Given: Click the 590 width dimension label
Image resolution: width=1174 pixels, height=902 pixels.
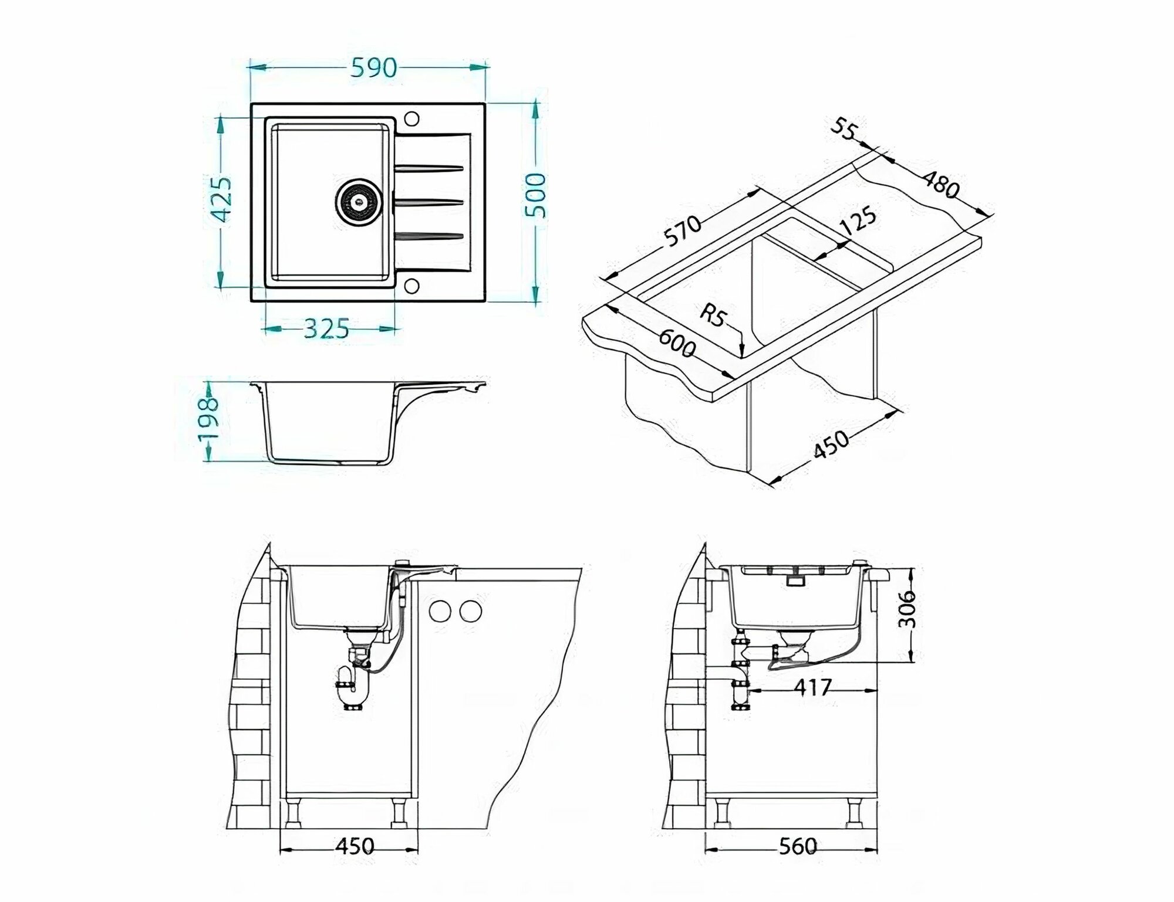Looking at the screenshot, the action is pos(374,68).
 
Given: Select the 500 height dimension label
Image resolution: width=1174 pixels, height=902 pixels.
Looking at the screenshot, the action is pos(535,195).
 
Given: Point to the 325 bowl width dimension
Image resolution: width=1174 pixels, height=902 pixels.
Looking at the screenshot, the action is pos(326,329).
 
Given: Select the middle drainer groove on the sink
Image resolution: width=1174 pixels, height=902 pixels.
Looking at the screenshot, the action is pos(429,202).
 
